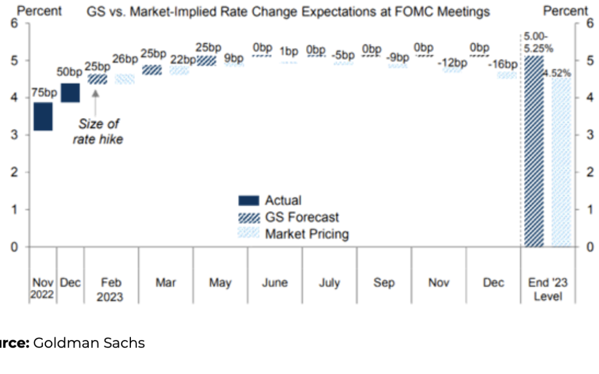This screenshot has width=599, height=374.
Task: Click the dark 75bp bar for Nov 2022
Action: point(43,116)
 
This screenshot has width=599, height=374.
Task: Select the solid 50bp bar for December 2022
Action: point(70,93)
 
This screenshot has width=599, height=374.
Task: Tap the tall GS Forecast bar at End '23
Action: point(534,151)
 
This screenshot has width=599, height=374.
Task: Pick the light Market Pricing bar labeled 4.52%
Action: point(561,162)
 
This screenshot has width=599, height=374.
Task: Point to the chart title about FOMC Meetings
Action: point(288,12)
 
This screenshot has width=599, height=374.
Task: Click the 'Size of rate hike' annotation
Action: point(98,131)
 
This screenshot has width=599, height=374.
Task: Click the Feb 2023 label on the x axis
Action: point(110,289)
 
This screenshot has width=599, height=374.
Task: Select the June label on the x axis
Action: point(275,283)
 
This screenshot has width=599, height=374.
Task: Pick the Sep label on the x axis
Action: point(384,283)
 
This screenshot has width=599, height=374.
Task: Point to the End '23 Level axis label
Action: point(547,289)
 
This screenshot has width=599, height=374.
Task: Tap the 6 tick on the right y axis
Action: point(590,23)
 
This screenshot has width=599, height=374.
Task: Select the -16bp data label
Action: point(502,65)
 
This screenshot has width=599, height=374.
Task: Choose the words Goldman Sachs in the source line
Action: point(89,343)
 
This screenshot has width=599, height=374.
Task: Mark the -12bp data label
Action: point(452,63)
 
